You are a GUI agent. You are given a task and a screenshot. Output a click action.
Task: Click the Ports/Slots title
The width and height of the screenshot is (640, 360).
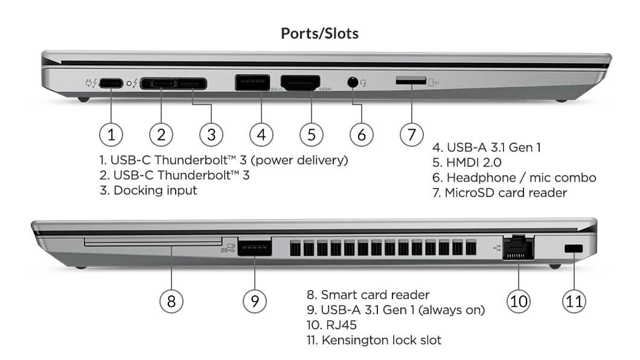point(319,33)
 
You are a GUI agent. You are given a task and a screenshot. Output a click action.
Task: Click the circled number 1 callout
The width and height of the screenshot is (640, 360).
point(111,134)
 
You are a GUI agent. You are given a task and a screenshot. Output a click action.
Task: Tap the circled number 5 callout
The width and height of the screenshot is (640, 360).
point(311,134)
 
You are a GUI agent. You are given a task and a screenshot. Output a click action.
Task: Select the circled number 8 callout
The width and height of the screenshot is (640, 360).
point(171,300)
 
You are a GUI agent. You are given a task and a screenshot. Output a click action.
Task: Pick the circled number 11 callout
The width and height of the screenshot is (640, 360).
point(574,300)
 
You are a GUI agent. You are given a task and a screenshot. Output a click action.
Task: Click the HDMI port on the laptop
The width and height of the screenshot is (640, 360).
point(301,83)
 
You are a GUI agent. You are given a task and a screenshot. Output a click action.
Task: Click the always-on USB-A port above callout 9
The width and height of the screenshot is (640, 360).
point(254,247)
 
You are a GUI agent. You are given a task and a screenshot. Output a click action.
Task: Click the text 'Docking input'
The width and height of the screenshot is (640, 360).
point(155,190)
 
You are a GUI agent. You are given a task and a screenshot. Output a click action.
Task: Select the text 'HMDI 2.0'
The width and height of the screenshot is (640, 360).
point(474,162)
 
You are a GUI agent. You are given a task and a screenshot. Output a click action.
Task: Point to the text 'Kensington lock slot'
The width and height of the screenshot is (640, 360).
point(381,340)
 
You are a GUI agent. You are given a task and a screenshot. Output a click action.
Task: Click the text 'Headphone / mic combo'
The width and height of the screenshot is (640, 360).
point(521,178)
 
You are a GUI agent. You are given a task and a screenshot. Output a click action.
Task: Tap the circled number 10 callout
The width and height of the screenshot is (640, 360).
point(519,300)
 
